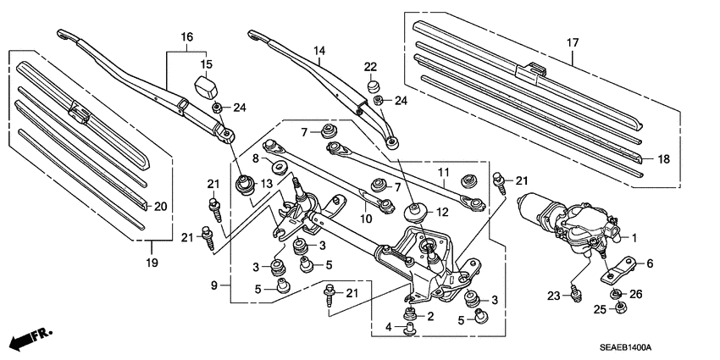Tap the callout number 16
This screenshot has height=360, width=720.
coord(186,36)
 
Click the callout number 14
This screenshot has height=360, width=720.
coord(318,52)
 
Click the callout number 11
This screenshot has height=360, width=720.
coord(442,174)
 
